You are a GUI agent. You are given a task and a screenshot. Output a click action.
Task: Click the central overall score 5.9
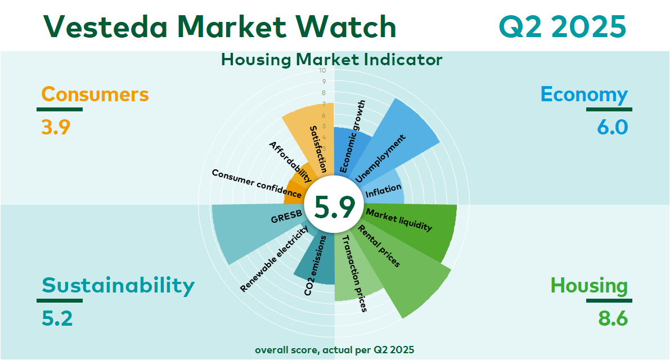point(335,206)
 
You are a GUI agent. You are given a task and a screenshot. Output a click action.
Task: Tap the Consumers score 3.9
point(56,127)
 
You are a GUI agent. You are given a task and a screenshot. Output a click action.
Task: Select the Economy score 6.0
point(613,127)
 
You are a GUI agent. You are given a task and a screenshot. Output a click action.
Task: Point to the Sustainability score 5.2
point(57,318)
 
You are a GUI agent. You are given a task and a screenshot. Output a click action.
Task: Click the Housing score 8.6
point(613,318)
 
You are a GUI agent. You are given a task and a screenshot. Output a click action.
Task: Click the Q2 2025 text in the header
point(563,26)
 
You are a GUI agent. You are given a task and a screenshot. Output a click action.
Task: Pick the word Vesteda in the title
point(106,26)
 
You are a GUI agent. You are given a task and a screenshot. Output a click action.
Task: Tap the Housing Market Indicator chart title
point(331,60)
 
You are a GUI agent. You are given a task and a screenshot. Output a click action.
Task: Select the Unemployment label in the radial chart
point(380,159)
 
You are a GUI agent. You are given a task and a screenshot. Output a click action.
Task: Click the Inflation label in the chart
point(383,191)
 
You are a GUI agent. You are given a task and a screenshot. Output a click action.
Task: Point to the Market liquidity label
point(399,219)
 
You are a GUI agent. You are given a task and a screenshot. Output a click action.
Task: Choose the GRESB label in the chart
point(286,217)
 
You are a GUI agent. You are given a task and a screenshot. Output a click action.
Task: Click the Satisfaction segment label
point(318,149)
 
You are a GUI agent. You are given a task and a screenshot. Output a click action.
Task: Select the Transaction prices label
point(355,273)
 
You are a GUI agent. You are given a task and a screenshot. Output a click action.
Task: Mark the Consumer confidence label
point(257,183)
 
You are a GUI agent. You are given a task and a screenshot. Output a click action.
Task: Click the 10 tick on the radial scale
point(322,70)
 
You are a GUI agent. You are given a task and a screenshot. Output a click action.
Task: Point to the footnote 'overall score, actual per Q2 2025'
point(335,350)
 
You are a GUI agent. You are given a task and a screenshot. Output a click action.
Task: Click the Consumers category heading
point(95,94)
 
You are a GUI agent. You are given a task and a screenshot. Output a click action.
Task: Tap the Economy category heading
point(584,94)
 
